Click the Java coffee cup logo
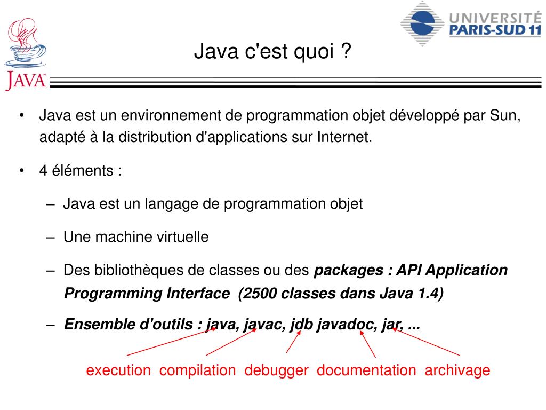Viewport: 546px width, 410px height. (25, 53)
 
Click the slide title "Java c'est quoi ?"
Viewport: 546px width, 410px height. (272, 52)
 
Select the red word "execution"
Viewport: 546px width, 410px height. (118, 370)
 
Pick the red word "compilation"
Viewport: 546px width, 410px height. (197, 370)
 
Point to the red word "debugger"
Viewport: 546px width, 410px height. (276, 370)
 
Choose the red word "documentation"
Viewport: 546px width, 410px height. (366, 370)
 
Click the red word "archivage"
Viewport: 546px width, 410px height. (457, 370)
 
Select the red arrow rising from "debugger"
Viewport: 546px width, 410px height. (293, 342)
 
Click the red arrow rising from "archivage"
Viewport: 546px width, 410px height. (426, 342)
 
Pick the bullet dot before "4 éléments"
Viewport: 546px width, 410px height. (22, 171)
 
